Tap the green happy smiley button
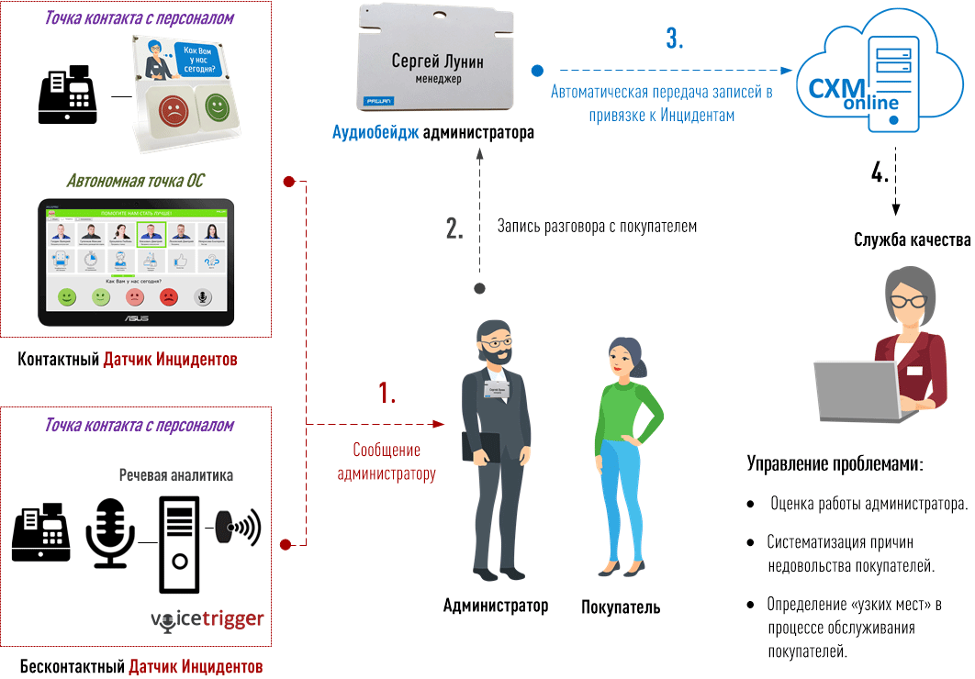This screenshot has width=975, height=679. point(218,106)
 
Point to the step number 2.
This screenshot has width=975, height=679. point(454,228)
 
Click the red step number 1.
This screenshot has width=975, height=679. point(387,393)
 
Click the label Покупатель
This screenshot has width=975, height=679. point(621,607)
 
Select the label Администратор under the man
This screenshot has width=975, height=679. point(495,606)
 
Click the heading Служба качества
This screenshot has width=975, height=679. point(912,240)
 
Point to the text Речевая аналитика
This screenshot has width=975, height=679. point(175,475)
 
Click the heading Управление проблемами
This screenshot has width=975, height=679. point(835,464)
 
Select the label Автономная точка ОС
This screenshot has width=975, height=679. point(135,181)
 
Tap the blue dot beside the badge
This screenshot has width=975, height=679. point(537,70)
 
